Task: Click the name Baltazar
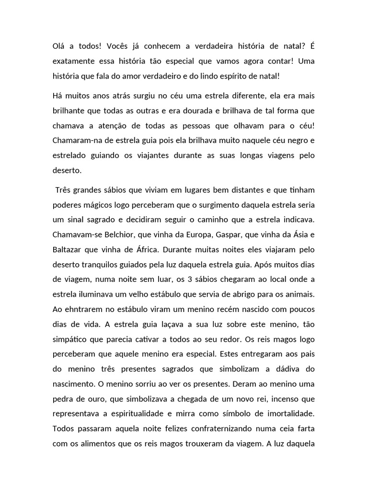[x=70, y=250]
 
